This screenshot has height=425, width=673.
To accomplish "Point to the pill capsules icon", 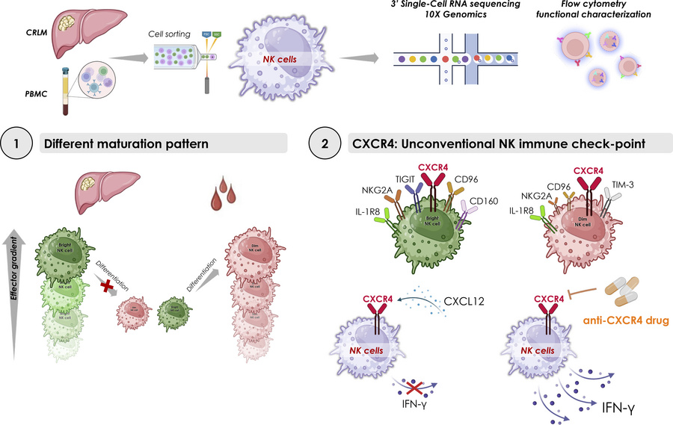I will point(633,293).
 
